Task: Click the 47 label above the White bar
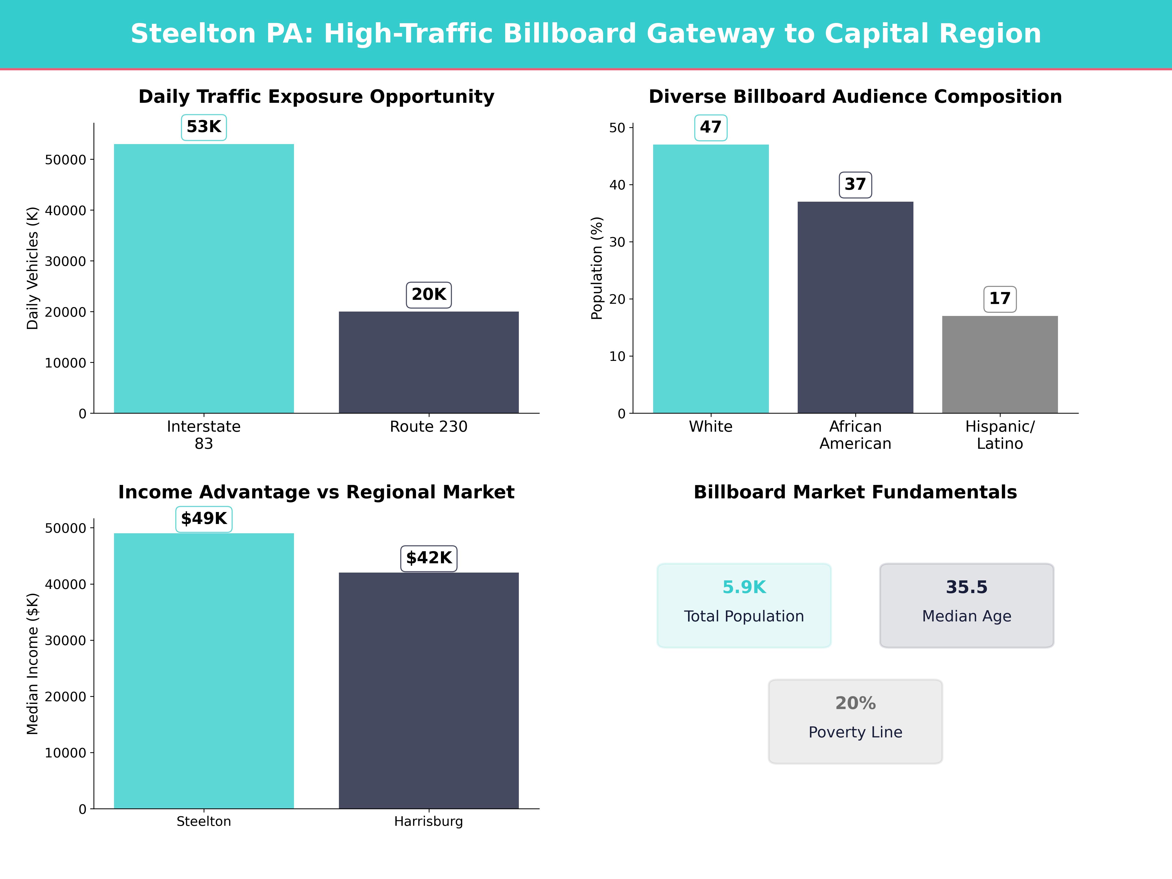711,128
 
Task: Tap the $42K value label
429,558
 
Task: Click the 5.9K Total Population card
744,605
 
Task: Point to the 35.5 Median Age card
966,605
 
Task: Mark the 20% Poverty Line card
855,721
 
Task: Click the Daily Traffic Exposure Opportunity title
316,97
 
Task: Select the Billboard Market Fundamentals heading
855,492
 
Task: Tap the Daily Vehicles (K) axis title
33,268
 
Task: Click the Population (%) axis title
597,268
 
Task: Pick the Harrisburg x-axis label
429,821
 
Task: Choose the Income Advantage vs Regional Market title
316,492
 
